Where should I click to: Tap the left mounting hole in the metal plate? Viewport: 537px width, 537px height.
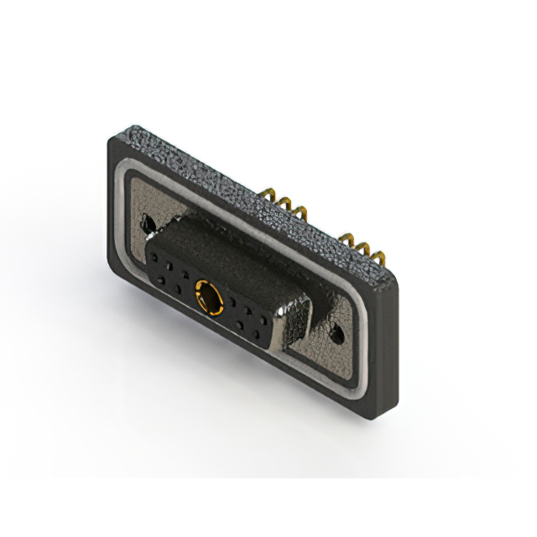pyautogui.click(x=149, y=224)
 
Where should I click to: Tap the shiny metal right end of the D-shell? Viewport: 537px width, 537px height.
pyautogui.click(x=295, y=323)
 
